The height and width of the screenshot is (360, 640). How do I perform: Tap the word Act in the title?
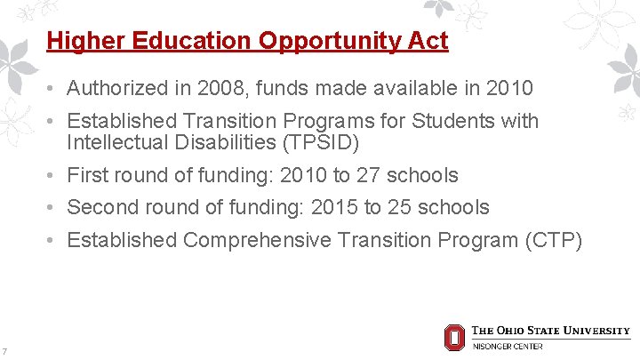click(x=428, y=41)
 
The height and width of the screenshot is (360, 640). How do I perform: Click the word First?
click(x=89, y=175)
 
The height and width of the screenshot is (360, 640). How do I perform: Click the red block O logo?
click(x=453, y=337)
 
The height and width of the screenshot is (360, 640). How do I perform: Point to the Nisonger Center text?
click(x=508, y=346)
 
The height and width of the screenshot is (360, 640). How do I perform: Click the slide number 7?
click(x=5, y=350)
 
